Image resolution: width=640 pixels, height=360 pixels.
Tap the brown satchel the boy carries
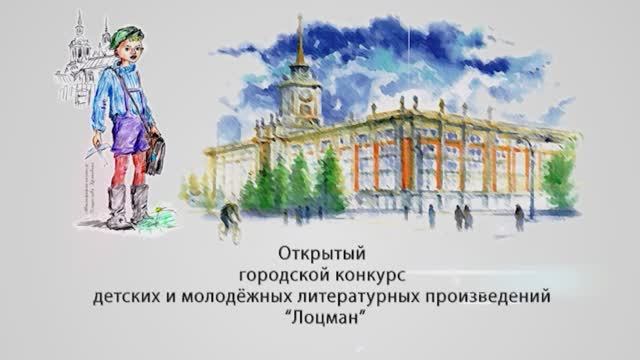click(x=155, y=149)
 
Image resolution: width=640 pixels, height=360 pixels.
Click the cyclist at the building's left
click(x=231, y=219)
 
